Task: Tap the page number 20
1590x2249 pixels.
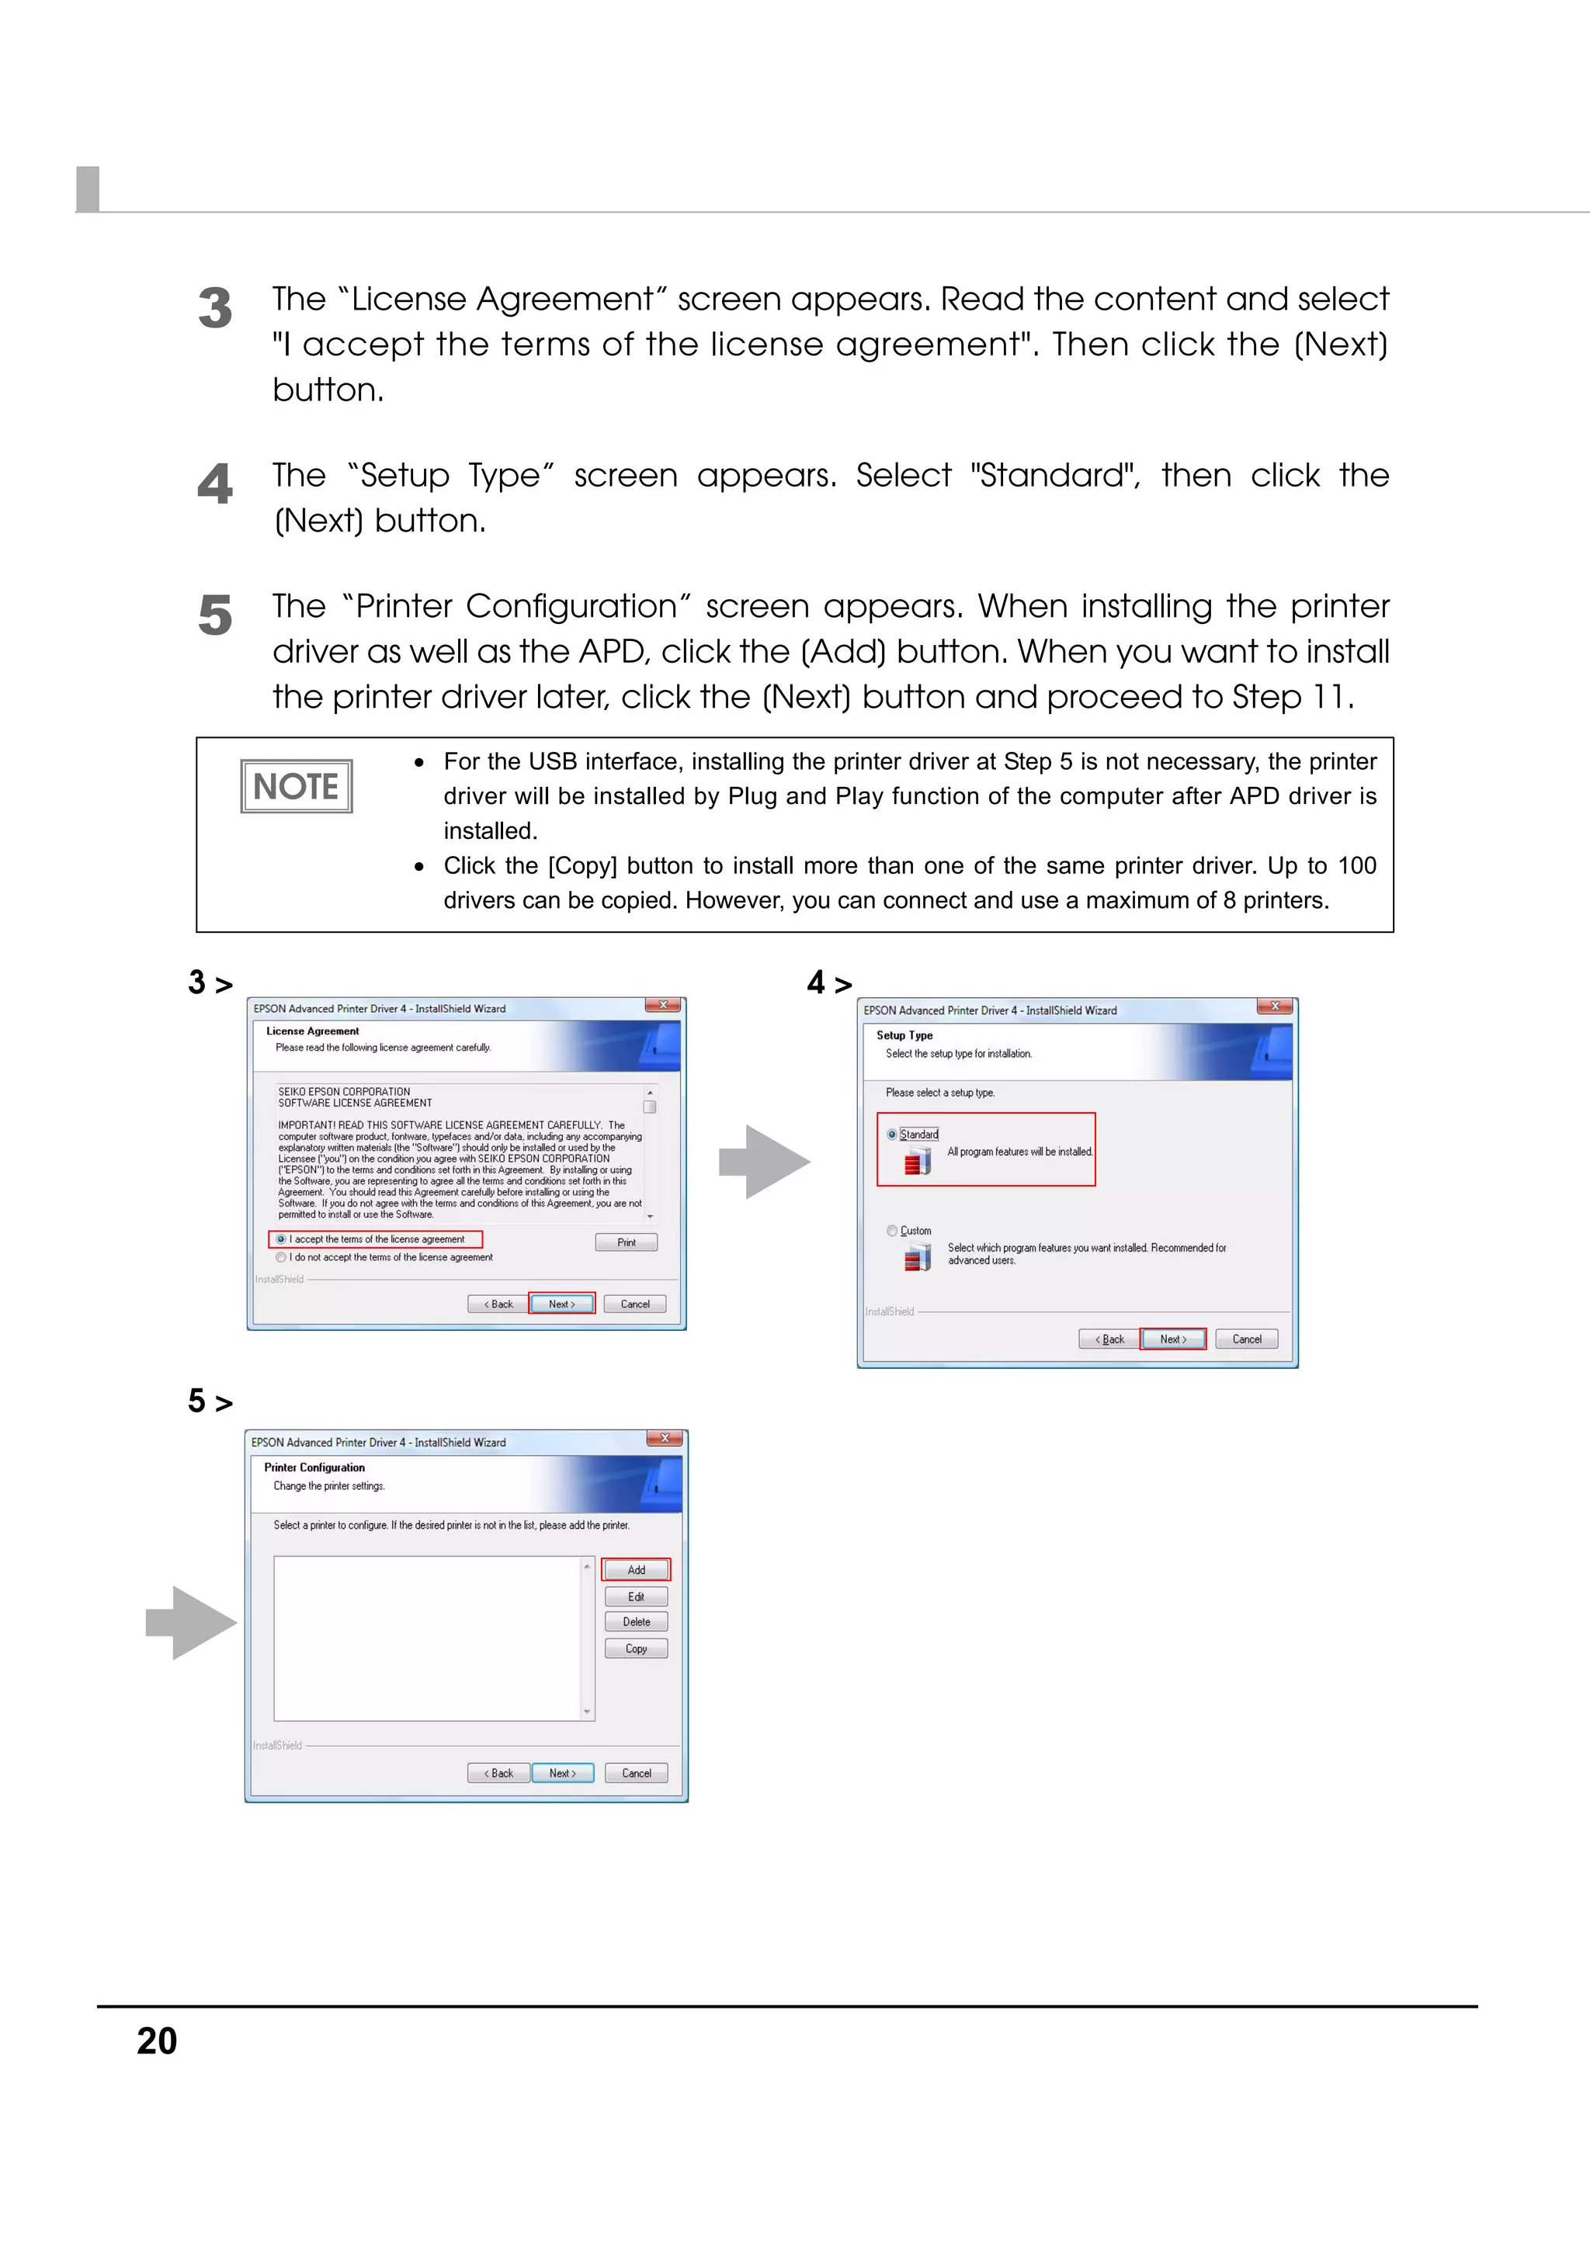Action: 157,2041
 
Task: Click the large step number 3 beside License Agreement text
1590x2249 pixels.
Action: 214,309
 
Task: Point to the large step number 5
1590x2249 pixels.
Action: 214,616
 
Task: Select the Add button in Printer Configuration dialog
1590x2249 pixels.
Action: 636,1569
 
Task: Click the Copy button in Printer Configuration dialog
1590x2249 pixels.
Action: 636,1648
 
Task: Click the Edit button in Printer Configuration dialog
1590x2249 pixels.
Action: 636,1596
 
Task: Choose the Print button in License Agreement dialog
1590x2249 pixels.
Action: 626,1242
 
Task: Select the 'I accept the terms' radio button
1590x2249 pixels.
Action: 281,1239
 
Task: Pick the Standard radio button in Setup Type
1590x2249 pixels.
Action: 891,1135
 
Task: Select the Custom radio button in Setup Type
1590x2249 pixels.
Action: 891,1230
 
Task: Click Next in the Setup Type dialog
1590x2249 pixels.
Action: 1172,1339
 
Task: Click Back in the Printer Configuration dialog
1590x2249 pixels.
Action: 498,1773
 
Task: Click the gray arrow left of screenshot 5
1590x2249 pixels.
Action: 192,1622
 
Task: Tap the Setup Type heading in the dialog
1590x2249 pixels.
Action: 904,1034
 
